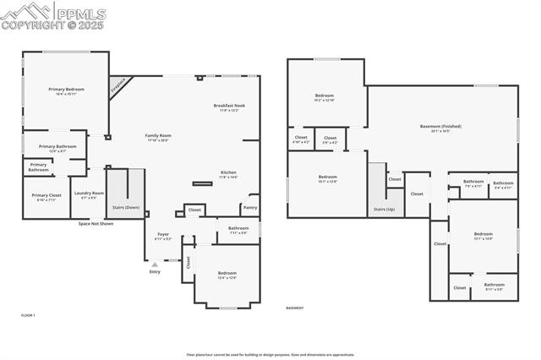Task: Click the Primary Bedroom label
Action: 66,91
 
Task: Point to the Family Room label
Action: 158,138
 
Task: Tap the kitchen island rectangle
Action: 202,183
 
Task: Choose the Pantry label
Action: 249,207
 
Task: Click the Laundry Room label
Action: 89,194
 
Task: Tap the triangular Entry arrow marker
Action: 154,265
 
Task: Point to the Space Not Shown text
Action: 96,224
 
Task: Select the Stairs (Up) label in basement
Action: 383,209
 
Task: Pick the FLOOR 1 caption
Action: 28,314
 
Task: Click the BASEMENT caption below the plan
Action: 294,308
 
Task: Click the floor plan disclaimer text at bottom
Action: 270,355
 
